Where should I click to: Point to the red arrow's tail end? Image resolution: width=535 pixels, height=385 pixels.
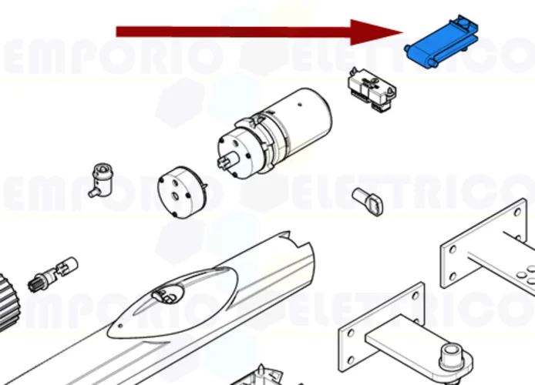click(x=119, y=32)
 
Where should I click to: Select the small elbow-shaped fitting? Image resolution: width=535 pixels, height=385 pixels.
click(x=100, y=179)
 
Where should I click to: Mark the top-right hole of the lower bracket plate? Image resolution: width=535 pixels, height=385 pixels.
click(x=416, y=293)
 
